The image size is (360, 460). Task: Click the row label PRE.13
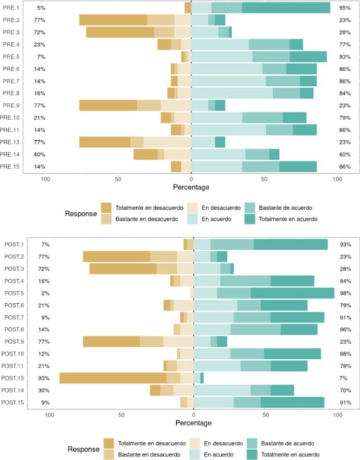(10, 142)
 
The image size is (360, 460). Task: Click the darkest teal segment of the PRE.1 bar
(286, 8)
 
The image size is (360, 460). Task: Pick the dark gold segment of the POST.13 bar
(113, 378)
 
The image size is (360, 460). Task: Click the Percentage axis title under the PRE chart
(191, 187)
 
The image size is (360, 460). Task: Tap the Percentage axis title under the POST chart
(194, 423)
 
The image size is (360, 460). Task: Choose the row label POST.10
(13, 354)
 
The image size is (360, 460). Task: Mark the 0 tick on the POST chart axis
(194, 415)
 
